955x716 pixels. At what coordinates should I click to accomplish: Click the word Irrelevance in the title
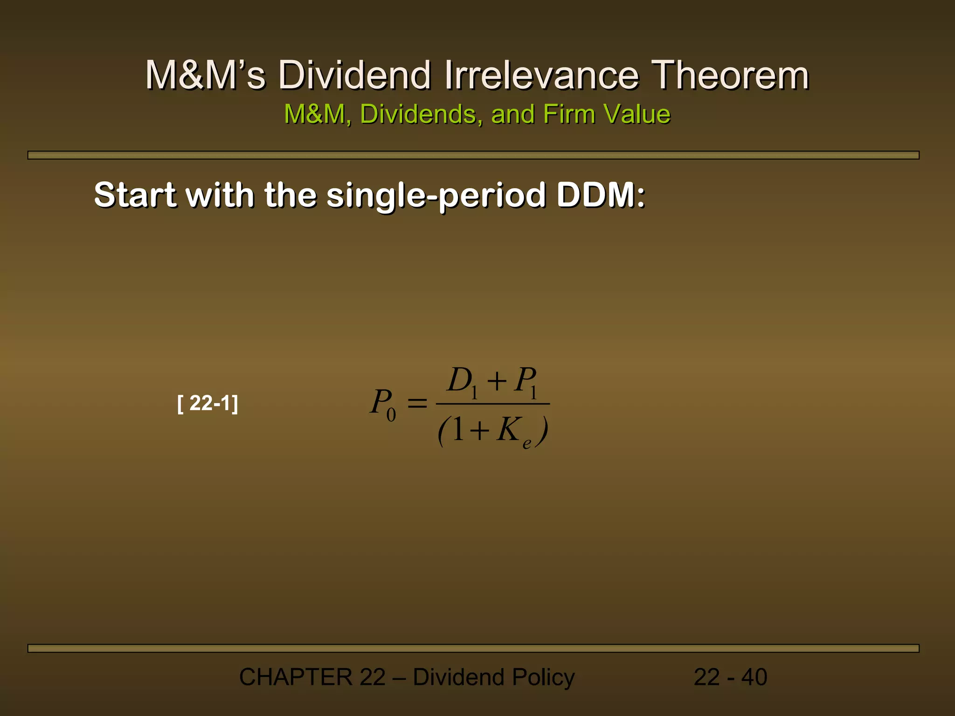[x=541, y=75]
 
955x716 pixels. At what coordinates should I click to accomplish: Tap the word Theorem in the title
[x=730, y=75]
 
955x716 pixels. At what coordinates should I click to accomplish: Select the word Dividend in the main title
[x=354, y=75]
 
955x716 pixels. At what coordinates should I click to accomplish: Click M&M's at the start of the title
[x=205, y=75]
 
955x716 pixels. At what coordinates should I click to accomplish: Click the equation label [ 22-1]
[x=208, y=403]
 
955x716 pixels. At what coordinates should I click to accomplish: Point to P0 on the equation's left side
[x=383, y=404]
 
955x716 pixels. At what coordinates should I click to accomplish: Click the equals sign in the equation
[x=417, y=403]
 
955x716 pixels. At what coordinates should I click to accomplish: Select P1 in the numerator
[x=526, y=382]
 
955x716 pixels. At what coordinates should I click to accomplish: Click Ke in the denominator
[x=512, y=431]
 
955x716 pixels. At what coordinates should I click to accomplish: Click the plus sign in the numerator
[x=497, y=381]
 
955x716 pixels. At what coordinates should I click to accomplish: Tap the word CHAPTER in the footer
[x=296, y=677]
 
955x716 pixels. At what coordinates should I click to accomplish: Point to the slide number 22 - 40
[x=730, y=677]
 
